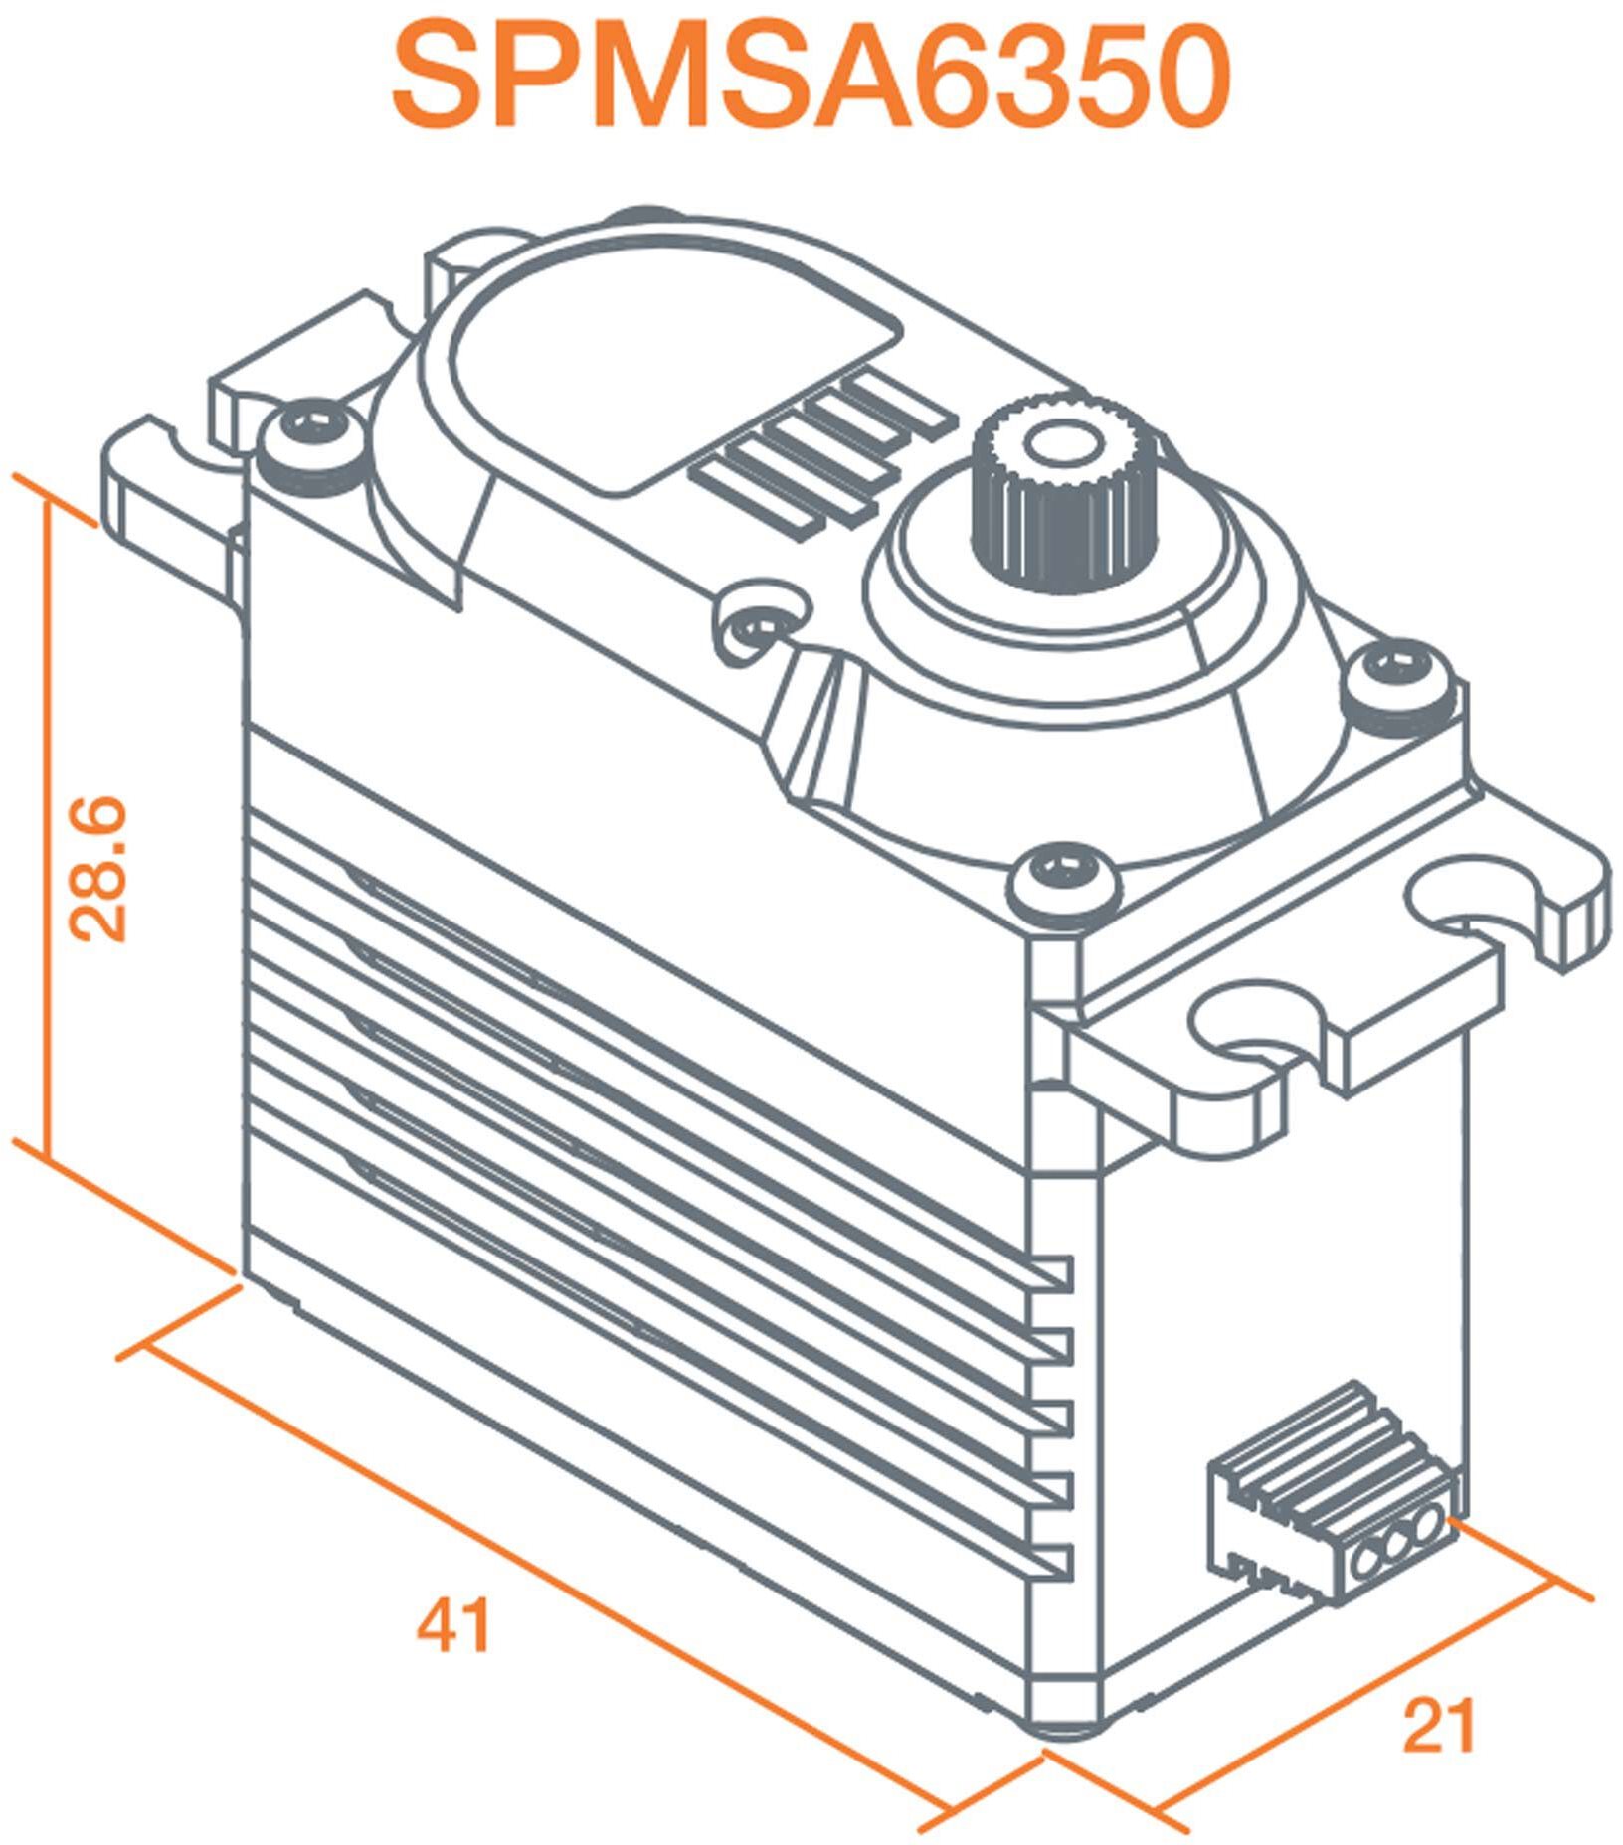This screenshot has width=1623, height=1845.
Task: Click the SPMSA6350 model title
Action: point(811,80)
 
